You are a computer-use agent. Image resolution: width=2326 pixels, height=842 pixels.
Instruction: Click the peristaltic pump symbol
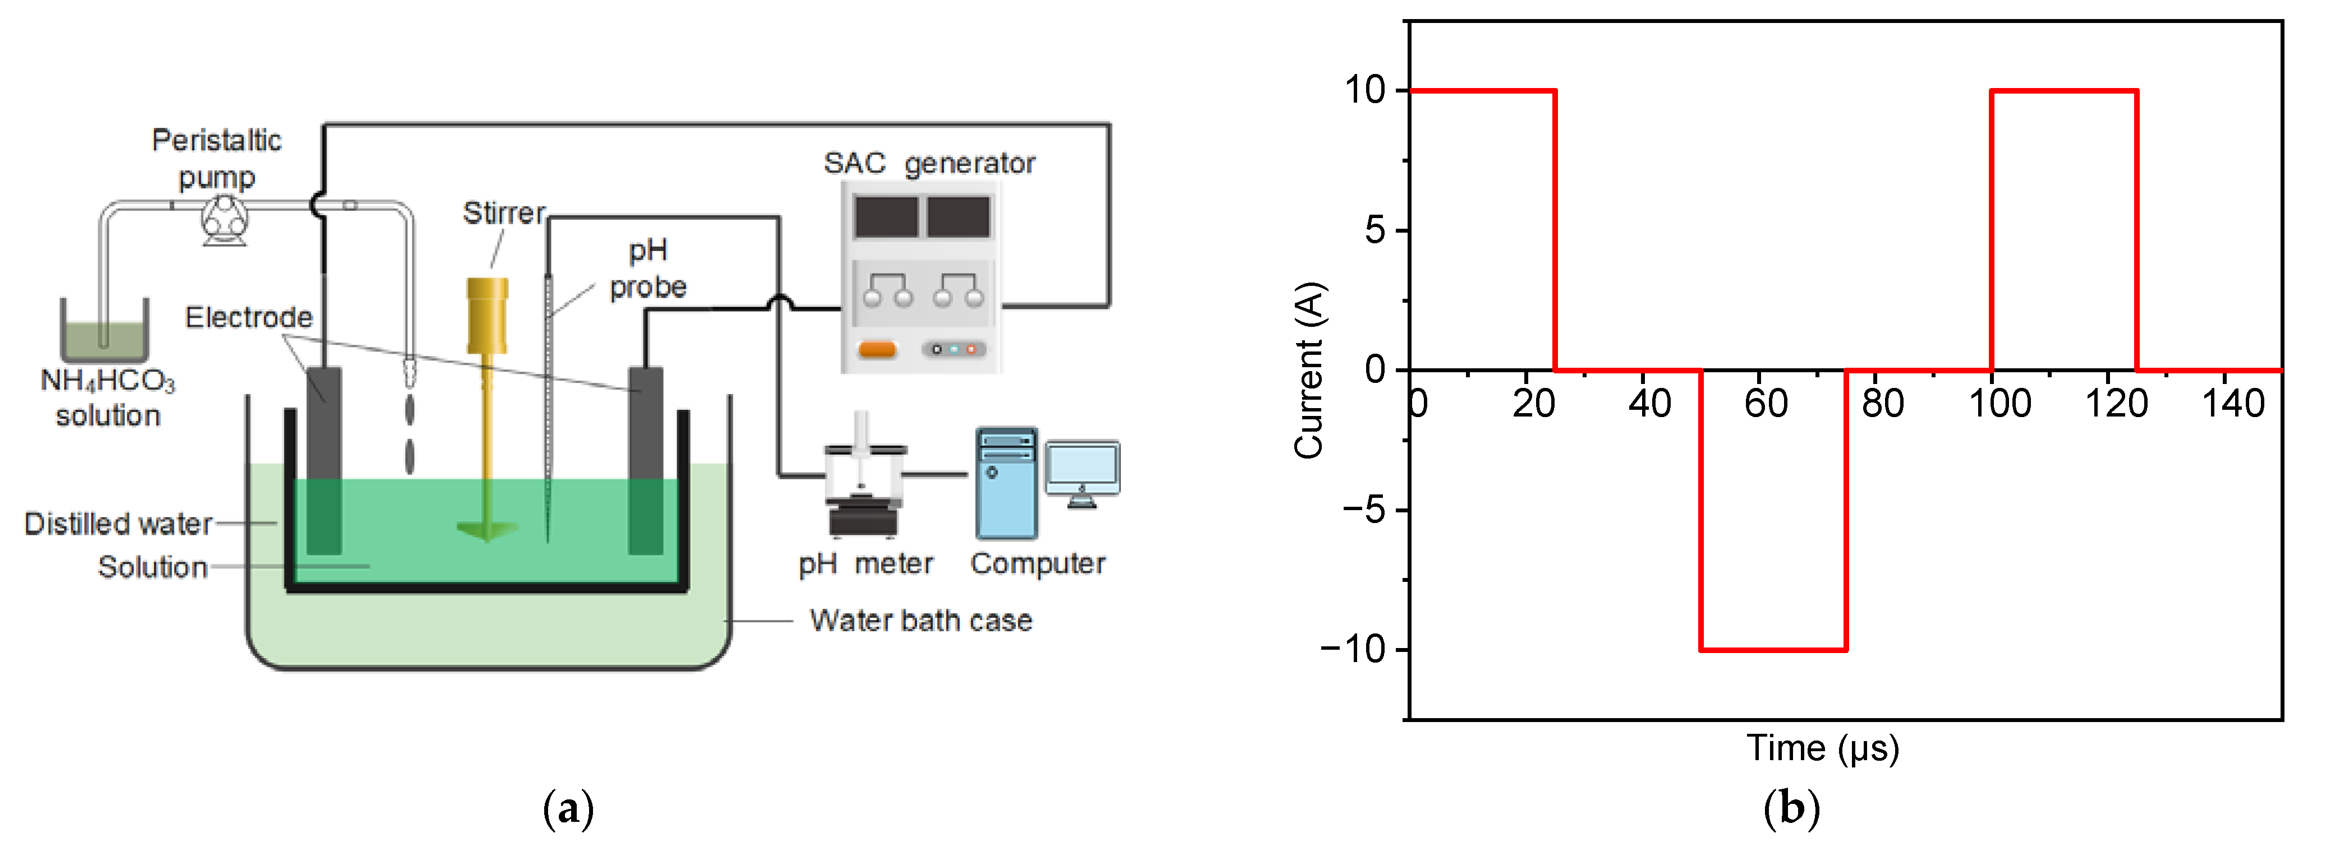click(223, 219)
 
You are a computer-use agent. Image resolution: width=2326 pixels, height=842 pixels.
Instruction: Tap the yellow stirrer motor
click(487, 315)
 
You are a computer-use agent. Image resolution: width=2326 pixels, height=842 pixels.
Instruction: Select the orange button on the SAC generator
click(877, 349)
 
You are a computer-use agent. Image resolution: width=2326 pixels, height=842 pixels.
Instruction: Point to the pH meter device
click(864, 478)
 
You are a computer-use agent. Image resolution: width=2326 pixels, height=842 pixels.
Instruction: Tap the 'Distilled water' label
click(117, 524)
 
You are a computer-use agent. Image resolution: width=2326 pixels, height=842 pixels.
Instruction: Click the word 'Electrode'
click(249, 317)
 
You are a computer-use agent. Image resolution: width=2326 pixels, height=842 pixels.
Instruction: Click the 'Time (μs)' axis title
click(1822, 748)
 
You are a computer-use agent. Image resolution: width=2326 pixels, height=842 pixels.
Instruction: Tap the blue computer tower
click(1006, 484)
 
